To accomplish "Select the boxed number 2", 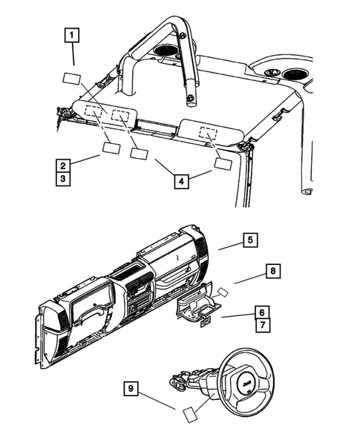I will (x=65, y=165).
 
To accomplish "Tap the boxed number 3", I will (x=65, y=179).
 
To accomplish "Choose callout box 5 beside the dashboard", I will (x=251, y=240).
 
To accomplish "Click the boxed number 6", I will (x=263, y=312).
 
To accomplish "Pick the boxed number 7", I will (x=263, y=325).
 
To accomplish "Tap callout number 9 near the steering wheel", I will (x=131, y=387).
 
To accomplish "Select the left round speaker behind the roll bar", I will (x=166, y=53).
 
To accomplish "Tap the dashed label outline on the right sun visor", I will (x=208, y=134).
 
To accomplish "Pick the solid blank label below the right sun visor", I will (x=223, y=165).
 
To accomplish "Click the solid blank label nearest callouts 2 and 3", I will (x=111, y=147).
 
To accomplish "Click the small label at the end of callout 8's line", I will (x=223, y=293).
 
